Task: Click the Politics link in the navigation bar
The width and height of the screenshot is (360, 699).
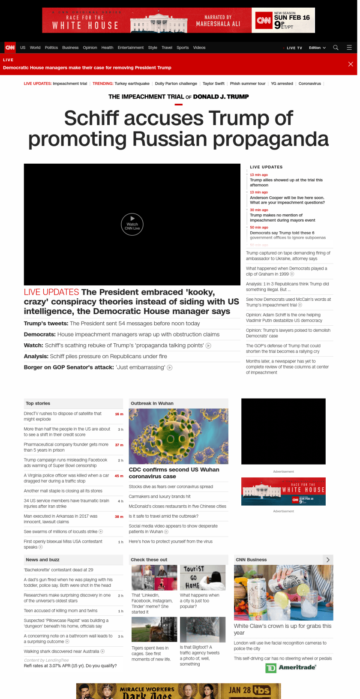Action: point(51,48)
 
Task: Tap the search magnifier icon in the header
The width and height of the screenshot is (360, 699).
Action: point(336,48)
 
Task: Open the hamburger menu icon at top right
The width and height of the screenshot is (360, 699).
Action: point(349,48)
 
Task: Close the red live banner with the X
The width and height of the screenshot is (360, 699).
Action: point(351,64)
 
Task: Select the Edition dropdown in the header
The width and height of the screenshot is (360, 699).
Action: point(317,48)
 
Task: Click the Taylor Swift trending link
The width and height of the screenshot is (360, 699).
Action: point(213,84)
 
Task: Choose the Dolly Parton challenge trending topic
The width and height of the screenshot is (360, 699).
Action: point(176,84)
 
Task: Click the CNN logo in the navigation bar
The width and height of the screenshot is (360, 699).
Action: point(10,48)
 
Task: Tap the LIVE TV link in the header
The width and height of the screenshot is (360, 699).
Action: point(294,48)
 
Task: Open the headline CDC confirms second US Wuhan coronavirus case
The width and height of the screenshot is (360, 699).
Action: point(174,473)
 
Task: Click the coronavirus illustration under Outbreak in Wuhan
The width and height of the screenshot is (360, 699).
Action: point(178,436)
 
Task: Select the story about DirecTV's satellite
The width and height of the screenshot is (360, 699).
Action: point(63,416)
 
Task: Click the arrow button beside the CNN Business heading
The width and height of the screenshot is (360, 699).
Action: point(328,560)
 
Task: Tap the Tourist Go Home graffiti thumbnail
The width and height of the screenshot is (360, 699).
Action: point(203,577)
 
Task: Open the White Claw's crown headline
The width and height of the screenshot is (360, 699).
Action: point(282,629)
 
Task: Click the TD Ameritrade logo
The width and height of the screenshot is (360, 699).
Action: point(291,667)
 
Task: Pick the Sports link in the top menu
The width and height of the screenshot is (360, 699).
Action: point(183,48)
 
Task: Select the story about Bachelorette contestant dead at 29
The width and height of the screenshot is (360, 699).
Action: point(58,570)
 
